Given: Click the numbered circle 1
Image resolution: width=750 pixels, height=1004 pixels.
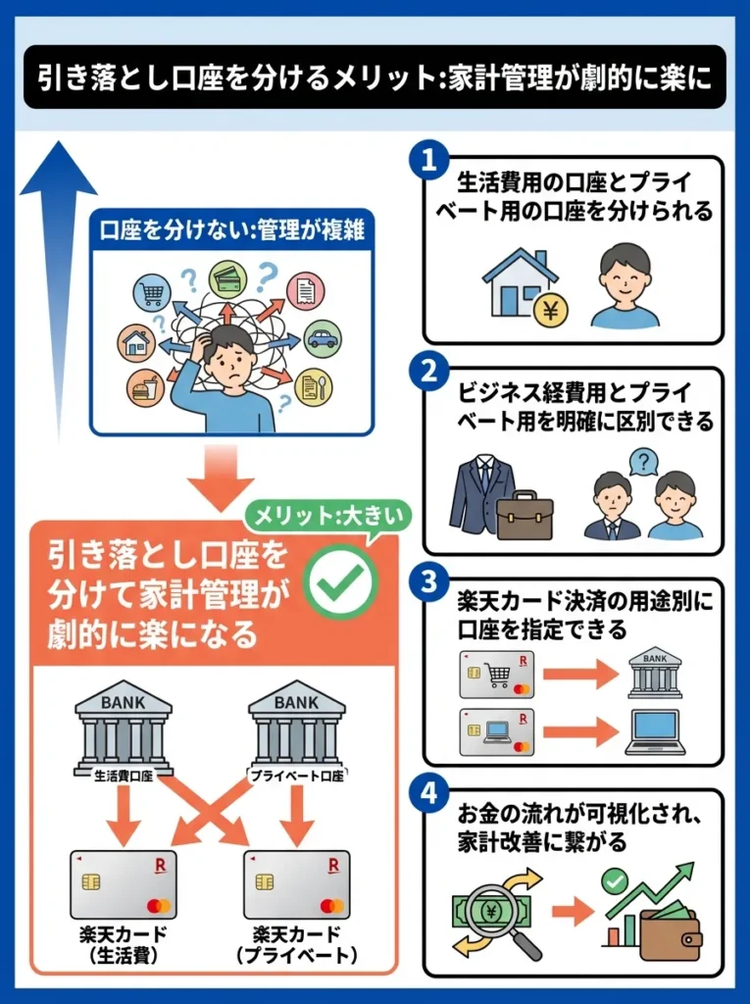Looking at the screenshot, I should [428, 160].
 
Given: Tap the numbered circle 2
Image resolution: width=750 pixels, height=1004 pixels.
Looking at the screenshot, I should [428, 372].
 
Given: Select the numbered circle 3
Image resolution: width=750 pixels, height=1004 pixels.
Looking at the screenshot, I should [428, 581].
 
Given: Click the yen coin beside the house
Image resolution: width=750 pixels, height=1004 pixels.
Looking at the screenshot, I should [550, 310].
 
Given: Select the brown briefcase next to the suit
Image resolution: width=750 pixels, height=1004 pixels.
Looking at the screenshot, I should [525, 516].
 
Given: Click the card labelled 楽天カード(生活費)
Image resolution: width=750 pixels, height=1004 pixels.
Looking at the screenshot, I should [123, 884].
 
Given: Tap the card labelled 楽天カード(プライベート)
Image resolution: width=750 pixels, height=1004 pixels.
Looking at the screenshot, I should [296, 884].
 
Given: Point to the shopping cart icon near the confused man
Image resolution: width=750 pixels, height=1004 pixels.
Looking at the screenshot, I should [152, 290].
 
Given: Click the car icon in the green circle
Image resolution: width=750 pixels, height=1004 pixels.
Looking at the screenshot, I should [322, 338].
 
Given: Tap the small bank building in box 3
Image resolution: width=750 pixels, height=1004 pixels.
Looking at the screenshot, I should [655, 671].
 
